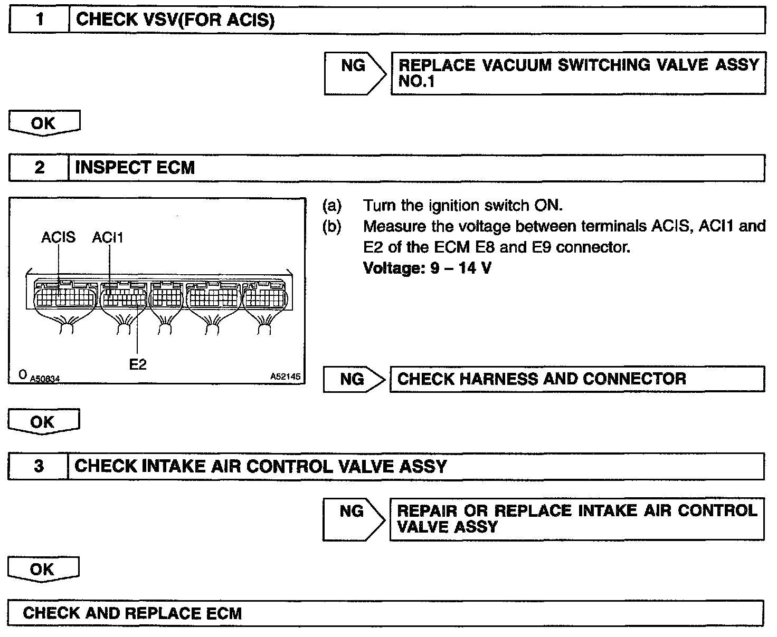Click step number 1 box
(x=40, y=20)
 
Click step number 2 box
(x=40, y=168)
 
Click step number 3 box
(x=39, y=466)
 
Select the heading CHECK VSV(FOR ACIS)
(x=175, y=20)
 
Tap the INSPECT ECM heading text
(x=135, y=168)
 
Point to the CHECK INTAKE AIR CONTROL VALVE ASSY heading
(x=261, y=466)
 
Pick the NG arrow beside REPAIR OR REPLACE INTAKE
(x=353, y=518)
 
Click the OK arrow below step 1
(x=44, y=123)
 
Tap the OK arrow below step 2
(x=43, y=422)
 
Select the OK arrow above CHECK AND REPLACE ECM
(x=43, y=569)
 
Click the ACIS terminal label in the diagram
(x=58, y=238)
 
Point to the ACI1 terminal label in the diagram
(x=108, y=238)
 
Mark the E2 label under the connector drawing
(x=138, y=364)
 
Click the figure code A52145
(x=285, y=377)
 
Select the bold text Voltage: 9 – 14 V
(x=427, y=268)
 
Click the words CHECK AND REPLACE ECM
(x=132, y=613)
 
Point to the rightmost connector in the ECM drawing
(x=264, y=298)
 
